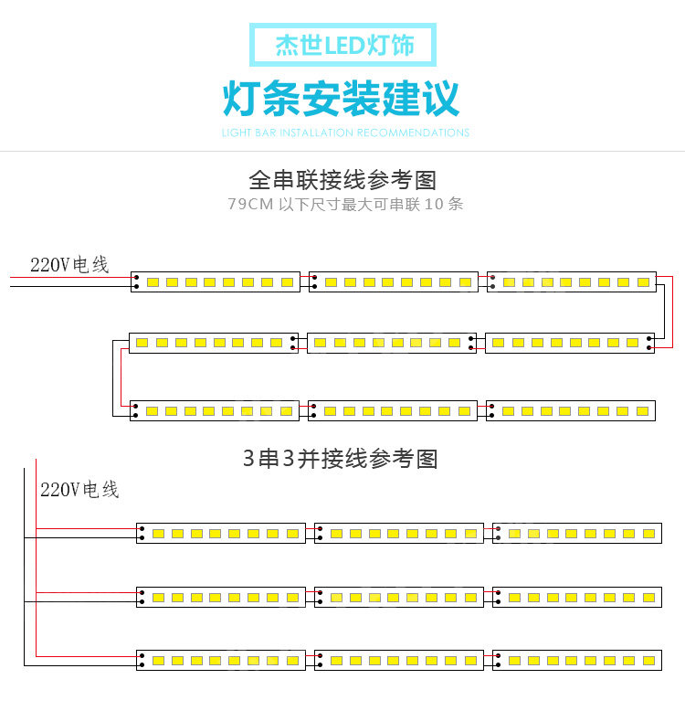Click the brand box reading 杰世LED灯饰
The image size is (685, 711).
[x=342, y=45]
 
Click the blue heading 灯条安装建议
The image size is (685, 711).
[x=342, y=99]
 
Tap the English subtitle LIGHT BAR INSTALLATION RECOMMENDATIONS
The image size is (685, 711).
[x=345, y=133]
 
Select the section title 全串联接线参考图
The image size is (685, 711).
[x=342, y=179]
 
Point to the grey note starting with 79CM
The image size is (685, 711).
[x=345, y=204]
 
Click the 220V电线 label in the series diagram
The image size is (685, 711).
[x=69, y=265]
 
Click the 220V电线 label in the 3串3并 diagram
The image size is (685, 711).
[x=79, y=490]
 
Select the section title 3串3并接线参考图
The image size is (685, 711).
[x=340, y=459]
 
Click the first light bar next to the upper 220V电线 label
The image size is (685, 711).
[x=215, y=282]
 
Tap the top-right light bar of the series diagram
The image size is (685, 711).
[x=572, y=282]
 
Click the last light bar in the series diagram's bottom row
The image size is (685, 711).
[x=571, y=410]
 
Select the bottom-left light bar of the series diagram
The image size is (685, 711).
[x=215, y=410]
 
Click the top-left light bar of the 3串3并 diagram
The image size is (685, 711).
[x=221, y=533]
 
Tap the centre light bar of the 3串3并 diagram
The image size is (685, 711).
[x=399, y=597]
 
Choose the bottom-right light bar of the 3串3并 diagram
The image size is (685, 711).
[x=577, y=660]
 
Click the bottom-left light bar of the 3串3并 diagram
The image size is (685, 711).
[x=221, y=660]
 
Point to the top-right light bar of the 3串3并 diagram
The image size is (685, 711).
[x=577, y=533]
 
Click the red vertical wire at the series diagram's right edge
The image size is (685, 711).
[x=671, y=311]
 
